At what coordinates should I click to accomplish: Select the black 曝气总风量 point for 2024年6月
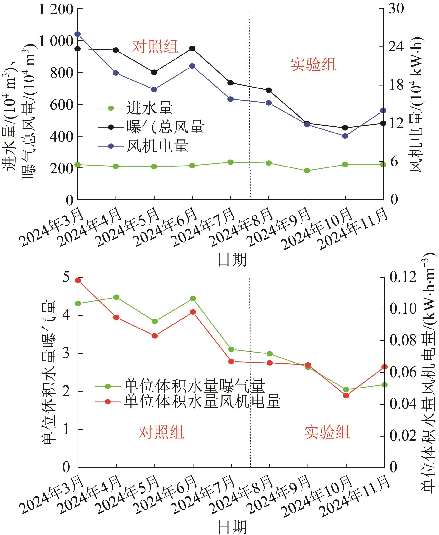(192, 48)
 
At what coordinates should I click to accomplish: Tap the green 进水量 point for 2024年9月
(307, 171)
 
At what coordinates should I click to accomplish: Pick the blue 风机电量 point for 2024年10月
(345, 136)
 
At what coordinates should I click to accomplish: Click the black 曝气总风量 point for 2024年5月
(154, 72)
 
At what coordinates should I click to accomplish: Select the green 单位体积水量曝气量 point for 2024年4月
(116, 297)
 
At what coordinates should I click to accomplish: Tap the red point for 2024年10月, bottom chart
(346, 395)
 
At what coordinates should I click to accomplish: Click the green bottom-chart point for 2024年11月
(384, 384)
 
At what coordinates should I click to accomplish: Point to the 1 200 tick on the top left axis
(56, 10)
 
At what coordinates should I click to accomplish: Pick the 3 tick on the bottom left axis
(66, 353)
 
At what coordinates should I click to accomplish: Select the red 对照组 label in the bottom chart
(161, 432)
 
